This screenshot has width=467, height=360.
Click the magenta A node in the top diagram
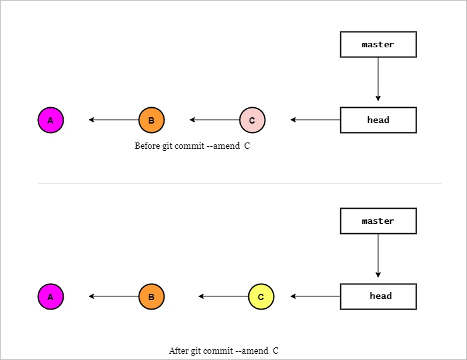50,120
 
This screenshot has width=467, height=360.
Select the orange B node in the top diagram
151,120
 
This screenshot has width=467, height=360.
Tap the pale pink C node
252,120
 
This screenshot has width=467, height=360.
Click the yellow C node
261,296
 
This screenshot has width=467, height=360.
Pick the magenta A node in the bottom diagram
50,296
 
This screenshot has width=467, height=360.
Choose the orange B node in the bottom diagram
151,296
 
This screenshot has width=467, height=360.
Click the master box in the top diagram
378,45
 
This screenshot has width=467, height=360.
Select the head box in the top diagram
378,120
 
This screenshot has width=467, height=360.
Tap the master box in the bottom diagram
378,221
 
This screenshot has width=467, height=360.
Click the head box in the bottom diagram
378,296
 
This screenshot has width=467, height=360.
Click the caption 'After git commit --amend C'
223,351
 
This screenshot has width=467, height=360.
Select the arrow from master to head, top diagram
378,79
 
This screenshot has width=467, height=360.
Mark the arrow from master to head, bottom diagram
378,255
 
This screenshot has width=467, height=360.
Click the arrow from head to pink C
315,120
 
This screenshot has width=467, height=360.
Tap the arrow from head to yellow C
315,296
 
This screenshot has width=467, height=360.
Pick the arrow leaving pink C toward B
214,120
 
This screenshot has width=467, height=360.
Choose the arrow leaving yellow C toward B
223,296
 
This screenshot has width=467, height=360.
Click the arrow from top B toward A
113,120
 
